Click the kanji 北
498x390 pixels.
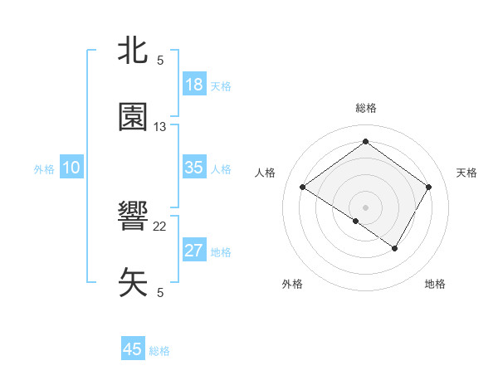(x=134, y=51)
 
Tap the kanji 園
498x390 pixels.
(x=134, y=117)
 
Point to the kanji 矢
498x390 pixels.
(x=134, y=282)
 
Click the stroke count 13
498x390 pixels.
(x=160, y=127)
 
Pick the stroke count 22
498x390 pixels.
(x=160, y=226)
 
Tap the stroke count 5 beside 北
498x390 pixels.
(x=160, y=60)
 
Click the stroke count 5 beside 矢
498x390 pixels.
(x=160, y=292)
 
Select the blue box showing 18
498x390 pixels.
(x=194, y=85)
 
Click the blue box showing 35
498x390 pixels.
(x=194, y=168)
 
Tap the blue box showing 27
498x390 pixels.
(x=194, y=251)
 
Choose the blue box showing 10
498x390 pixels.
(x=71, y=168)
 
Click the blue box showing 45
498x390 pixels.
(x=133, y=349)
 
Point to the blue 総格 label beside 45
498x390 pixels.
(x=159, y=351)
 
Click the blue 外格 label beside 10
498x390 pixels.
(x=44, y=169)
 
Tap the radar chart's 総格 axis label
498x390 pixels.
(x=365, y=108)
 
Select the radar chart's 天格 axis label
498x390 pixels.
(x=466, y=173)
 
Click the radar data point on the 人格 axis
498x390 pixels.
(x=303, y=188)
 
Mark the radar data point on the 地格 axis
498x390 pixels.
(x=395, y=248)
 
